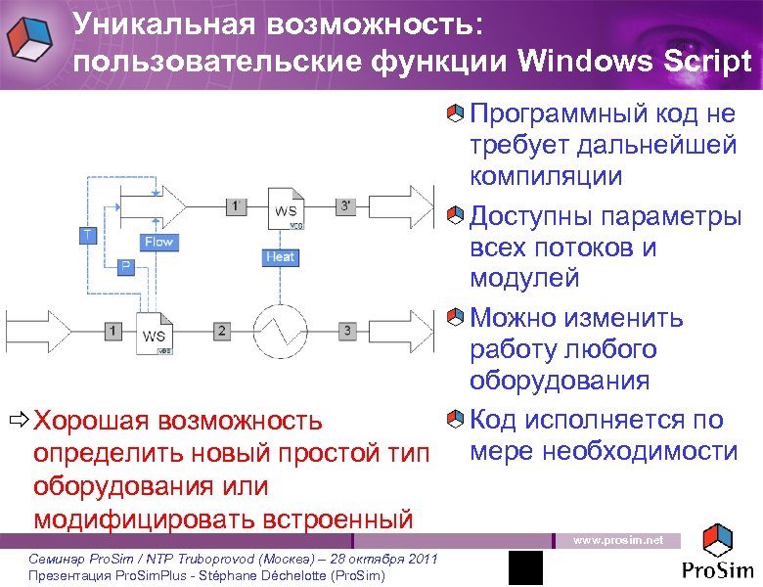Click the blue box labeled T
click(x=88, y=235)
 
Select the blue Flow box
click(x=157, y=242)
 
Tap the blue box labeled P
click(x=125, y=266)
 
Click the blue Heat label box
click(x=280, y=256)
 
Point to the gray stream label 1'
click(x=235, y=206)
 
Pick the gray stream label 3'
click(x=346, y=206)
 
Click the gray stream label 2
click(x=222, y=332)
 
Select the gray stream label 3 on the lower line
click(x=348, y=332)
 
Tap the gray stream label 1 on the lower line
click(x=113, y=332)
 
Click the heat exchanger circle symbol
click(x=280, y=331)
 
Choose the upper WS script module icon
click(x=285, y=209)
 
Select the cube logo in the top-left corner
click(x=31, y=37)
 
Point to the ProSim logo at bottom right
click(x=718, y=554)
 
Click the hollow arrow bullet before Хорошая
click(x=18, y=422)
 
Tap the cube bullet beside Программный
click(x=455, y=115)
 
